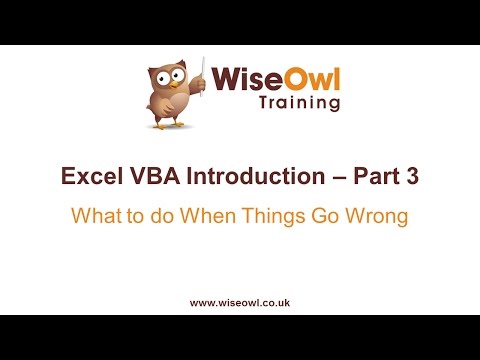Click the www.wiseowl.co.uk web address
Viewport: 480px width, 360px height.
240,300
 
